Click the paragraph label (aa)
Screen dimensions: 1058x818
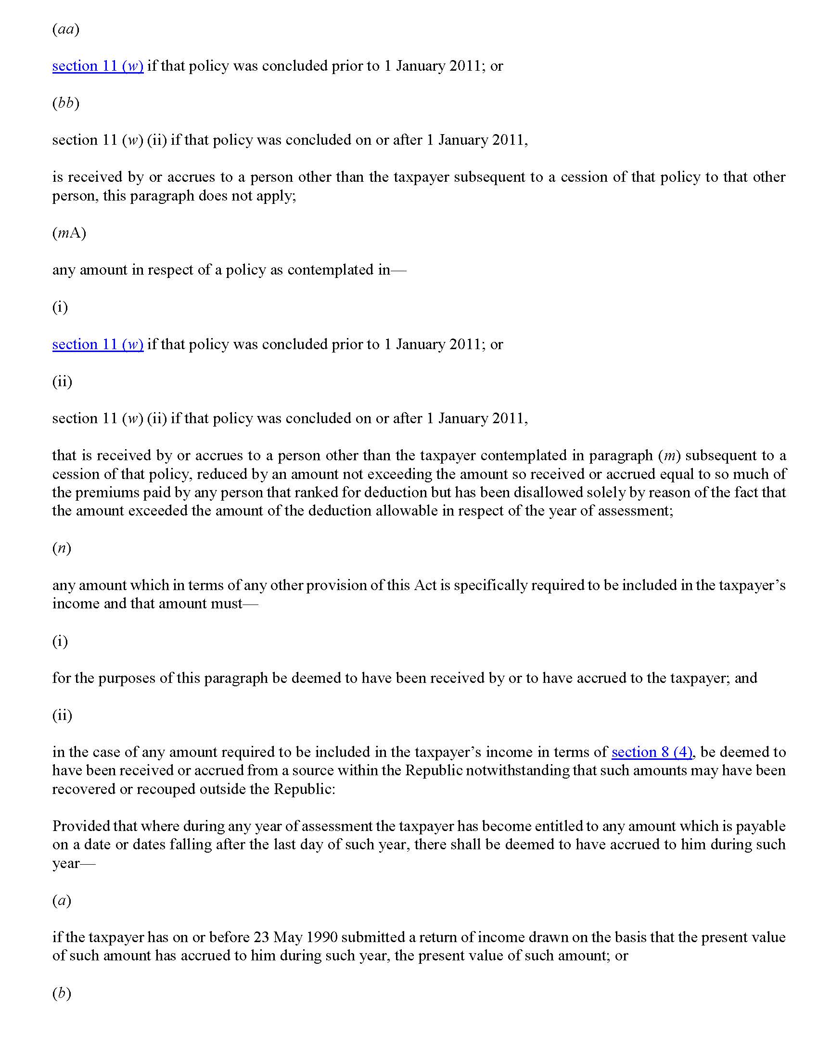[x=65, y=29]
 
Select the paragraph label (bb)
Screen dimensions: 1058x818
[x=65, y=103]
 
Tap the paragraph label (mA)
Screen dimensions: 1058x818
[x=69, y=233]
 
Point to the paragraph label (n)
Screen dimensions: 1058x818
[x=62, y=548]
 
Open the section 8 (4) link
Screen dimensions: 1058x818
[x=652, y=752]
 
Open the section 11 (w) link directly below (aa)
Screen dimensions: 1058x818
[x=98, y=66]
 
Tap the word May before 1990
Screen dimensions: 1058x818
[x=288, y=937]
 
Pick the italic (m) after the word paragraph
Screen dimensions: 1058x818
[x=669, y=455]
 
